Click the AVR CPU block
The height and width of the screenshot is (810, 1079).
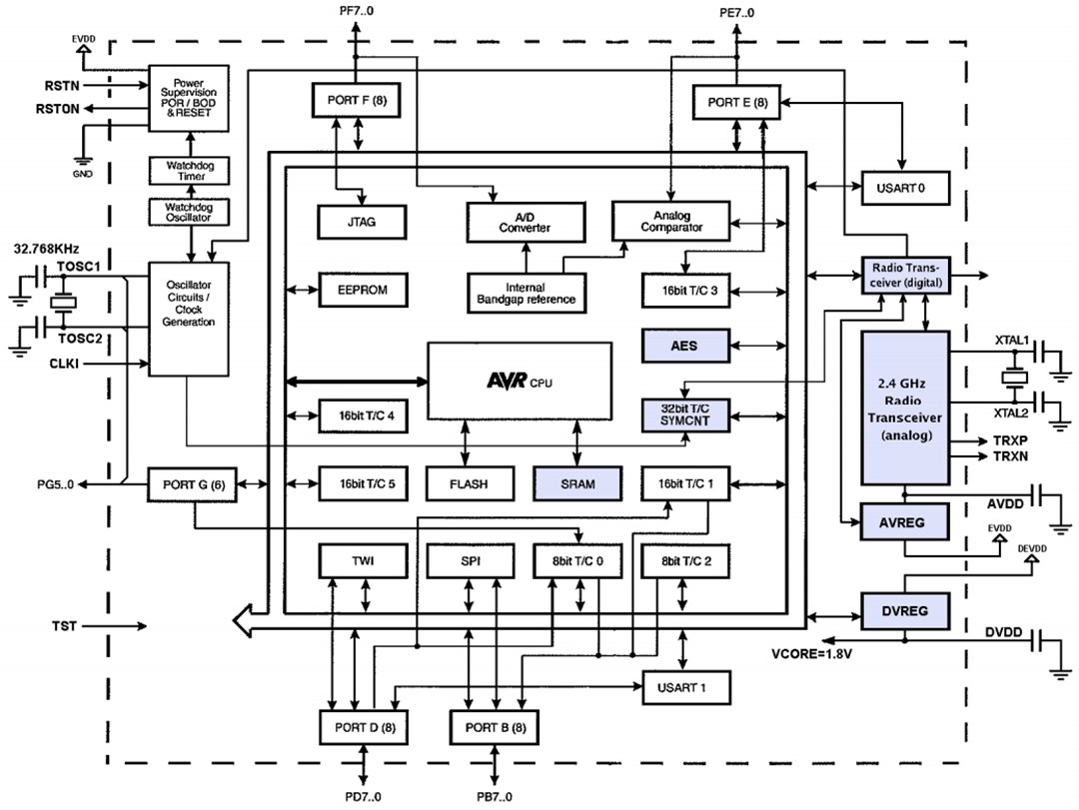pyautogui.click(x=520, y=381)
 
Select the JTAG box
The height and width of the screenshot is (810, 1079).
pyautogui.click(x=362, y=222)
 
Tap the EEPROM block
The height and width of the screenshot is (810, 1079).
pyautogui.click(x=362, y=290)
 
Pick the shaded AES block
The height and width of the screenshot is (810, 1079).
pyautogui.click(x=684, y=347)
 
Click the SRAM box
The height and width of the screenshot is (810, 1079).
pyautogui.click(x=577, y=483)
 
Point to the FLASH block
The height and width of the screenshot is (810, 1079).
pyautogui.click(x=470, y=483)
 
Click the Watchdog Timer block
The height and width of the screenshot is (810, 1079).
pyautogui.click(x=190, y=170)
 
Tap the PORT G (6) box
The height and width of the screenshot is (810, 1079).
pyautogui.click(x=190, y=484)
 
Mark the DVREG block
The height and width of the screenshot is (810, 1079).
pyautogui.click(x=904, y=609)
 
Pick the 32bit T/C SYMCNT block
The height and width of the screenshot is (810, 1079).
pyautogui.click(x=684, y=414)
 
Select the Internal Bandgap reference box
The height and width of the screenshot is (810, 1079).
pyautogui.click(x=526, y=291)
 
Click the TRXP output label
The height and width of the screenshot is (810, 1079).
pyautogui.click(x=1011, y=439)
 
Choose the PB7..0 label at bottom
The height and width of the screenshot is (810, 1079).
pyautogui.click(x=495, y=796)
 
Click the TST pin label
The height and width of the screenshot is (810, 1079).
pyautogui.click(x=65, y=626)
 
